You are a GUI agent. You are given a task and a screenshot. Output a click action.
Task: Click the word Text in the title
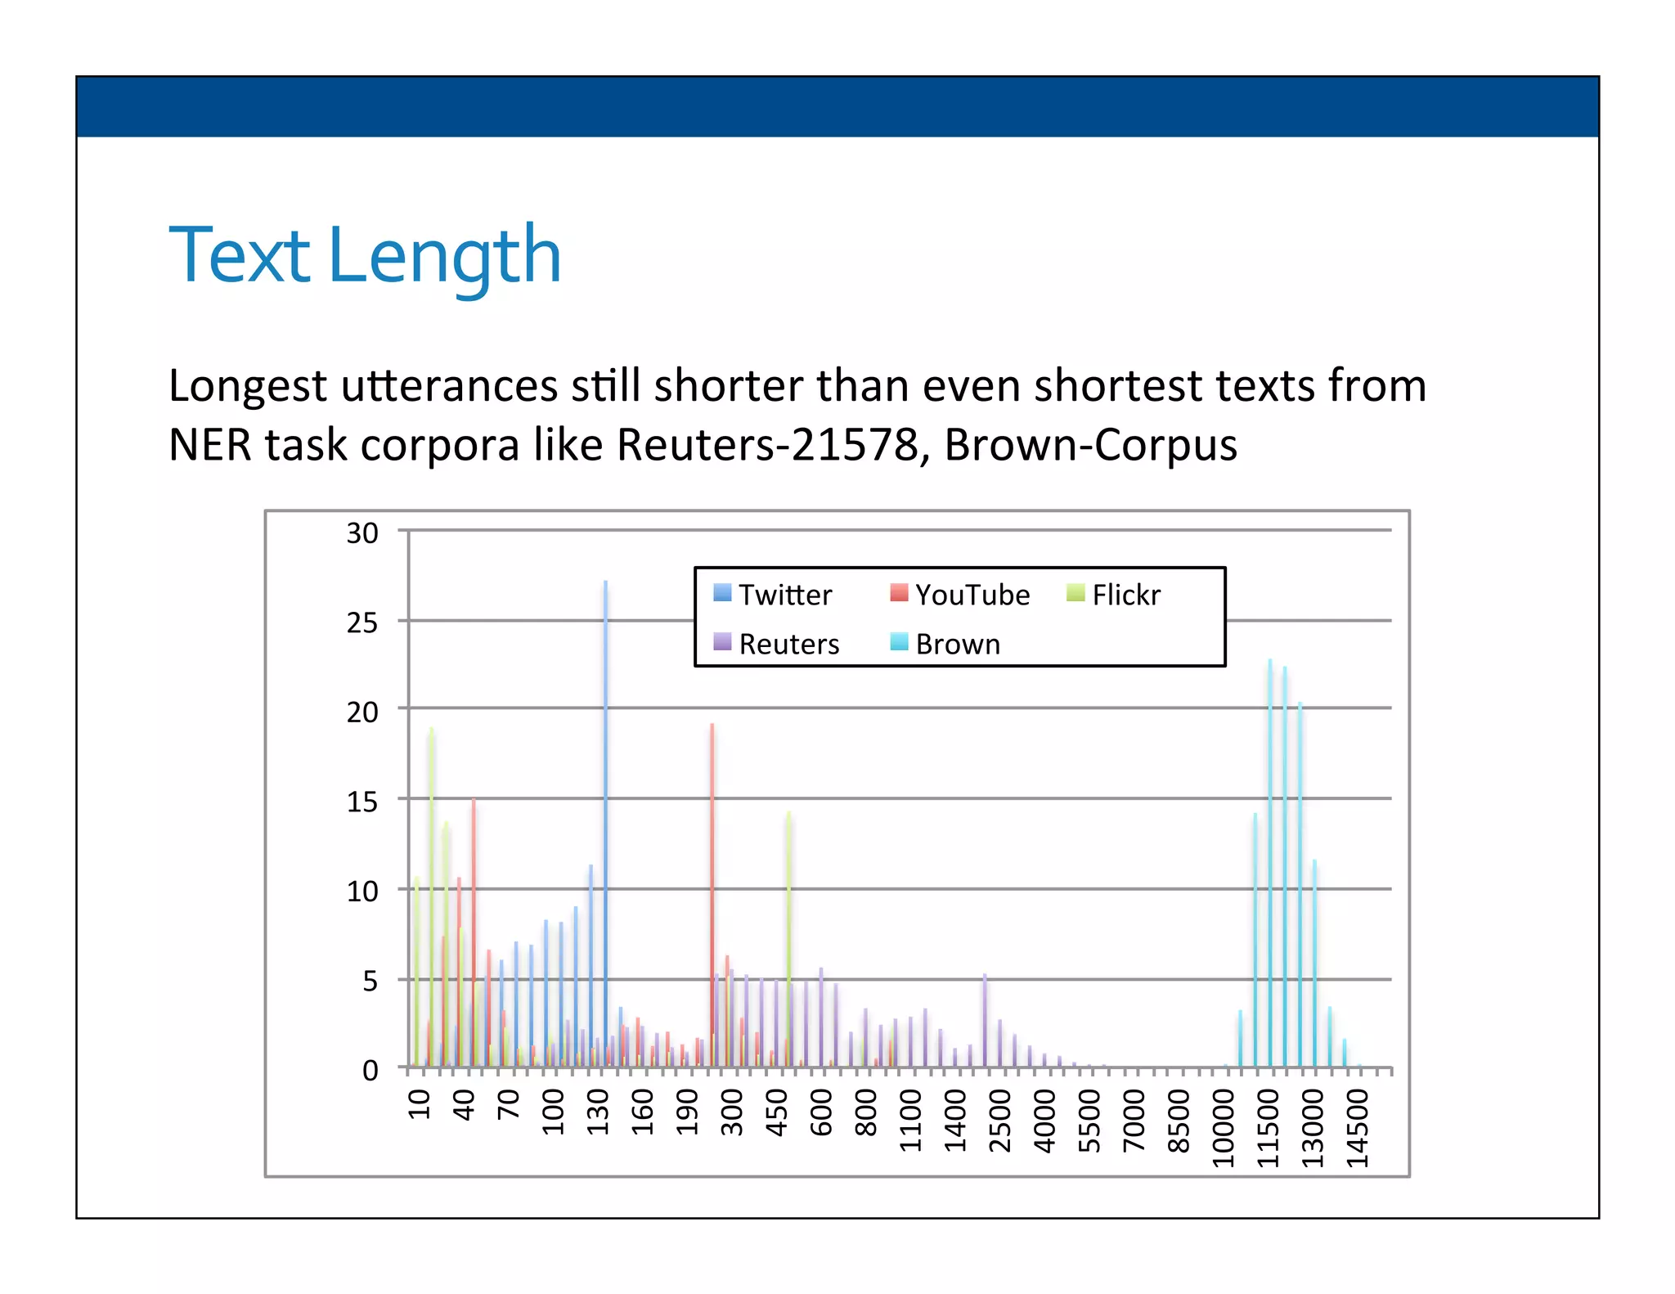point(239,255)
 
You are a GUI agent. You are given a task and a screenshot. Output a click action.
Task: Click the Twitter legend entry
point(772,595)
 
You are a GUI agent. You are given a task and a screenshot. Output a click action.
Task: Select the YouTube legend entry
point(959,595)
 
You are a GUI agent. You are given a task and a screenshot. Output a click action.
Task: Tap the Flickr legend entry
point(1113,595)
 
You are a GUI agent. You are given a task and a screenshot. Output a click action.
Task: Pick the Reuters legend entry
point(776,644)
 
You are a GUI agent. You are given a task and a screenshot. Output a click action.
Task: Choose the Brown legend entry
point(945,644)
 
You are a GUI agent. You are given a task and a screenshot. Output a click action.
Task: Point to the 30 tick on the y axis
point(362,533)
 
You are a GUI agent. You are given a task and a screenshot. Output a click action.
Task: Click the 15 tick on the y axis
point(362,802)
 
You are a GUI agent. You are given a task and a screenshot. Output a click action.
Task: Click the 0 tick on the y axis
point(370,1070)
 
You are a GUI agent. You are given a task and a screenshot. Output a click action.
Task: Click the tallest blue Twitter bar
point(605,818)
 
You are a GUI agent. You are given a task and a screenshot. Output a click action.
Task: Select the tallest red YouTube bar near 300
point(712,892)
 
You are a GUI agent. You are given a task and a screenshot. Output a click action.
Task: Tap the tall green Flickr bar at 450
point(788,941)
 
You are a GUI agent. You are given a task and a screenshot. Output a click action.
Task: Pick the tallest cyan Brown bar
point(1270,859)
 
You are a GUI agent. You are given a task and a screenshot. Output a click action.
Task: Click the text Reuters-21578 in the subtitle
point(767,445)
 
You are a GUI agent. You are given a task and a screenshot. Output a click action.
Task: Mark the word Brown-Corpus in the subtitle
point(1089,445)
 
